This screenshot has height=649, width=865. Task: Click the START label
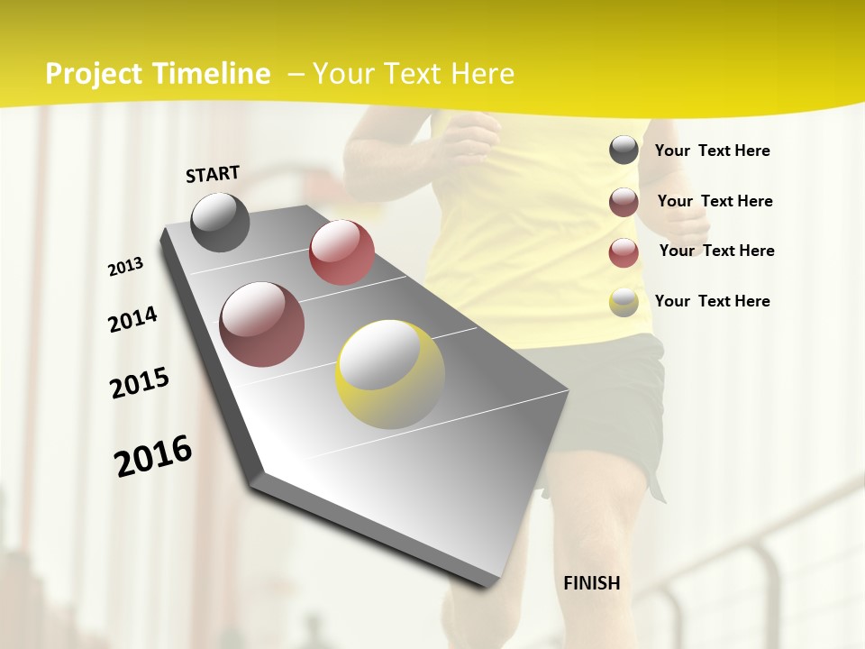point(213,174)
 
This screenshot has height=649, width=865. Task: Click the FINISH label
point(592,583)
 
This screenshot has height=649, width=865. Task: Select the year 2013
point(126,267)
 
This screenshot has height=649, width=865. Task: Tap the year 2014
point(133,319)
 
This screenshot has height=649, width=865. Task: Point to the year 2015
point(140,383)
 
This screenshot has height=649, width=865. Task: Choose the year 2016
point(153,456)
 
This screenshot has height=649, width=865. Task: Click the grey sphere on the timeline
point(220,222)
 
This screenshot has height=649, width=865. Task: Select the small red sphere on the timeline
point(341,252)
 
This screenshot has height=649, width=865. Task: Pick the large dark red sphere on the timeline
point(262,324)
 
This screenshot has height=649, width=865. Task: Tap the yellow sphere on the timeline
point(390,374)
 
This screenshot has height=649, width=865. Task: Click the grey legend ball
point(624,150)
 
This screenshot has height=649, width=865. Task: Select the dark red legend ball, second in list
point(624,202)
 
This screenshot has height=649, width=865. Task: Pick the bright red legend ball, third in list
point(624,252)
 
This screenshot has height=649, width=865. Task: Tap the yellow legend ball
point(624,302)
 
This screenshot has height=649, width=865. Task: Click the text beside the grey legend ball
point(712,151)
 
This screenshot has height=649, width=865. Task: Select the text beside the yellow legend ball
point(712,301)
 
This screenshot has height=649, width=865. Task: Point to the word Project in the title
point(94,75)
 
